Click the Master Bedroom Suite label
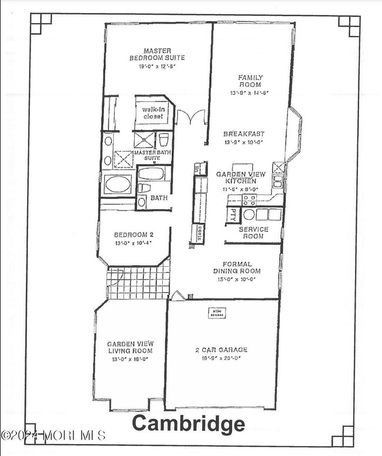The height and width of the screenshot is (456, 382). pyautogui.click(x=157, y=54)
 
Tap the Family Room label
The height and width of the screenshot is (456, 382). pyautogui.click(x=250, y=81)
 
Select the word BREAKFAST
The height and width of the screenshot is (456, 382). pyautogui.click(x=247, y=134)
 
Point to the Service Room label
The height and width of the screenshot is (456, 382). pyautogui.click(x=254, y=233)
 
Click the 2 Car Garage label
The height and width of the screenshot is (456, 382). pyautogui.click(x=221, y=350)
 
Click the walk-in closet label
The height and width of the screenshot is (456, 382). pyautogui.click(x=155, y=112)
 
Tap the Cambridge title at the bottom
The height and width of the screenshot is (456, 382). pyautogui.click(x=188, y=424)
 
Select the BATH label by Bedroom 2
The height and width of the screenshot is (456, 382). pyautogui.click(x=159, y=198)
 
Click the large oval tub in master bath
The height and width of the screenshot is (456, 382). pyautogui.click(x=118, y=184)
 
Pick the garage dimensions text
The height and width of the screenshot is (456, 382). pyautogui.click(x=221, y=357)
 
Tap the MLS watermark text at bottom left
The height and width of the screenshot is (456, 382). pyautogui.click(x=53, y=436)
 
